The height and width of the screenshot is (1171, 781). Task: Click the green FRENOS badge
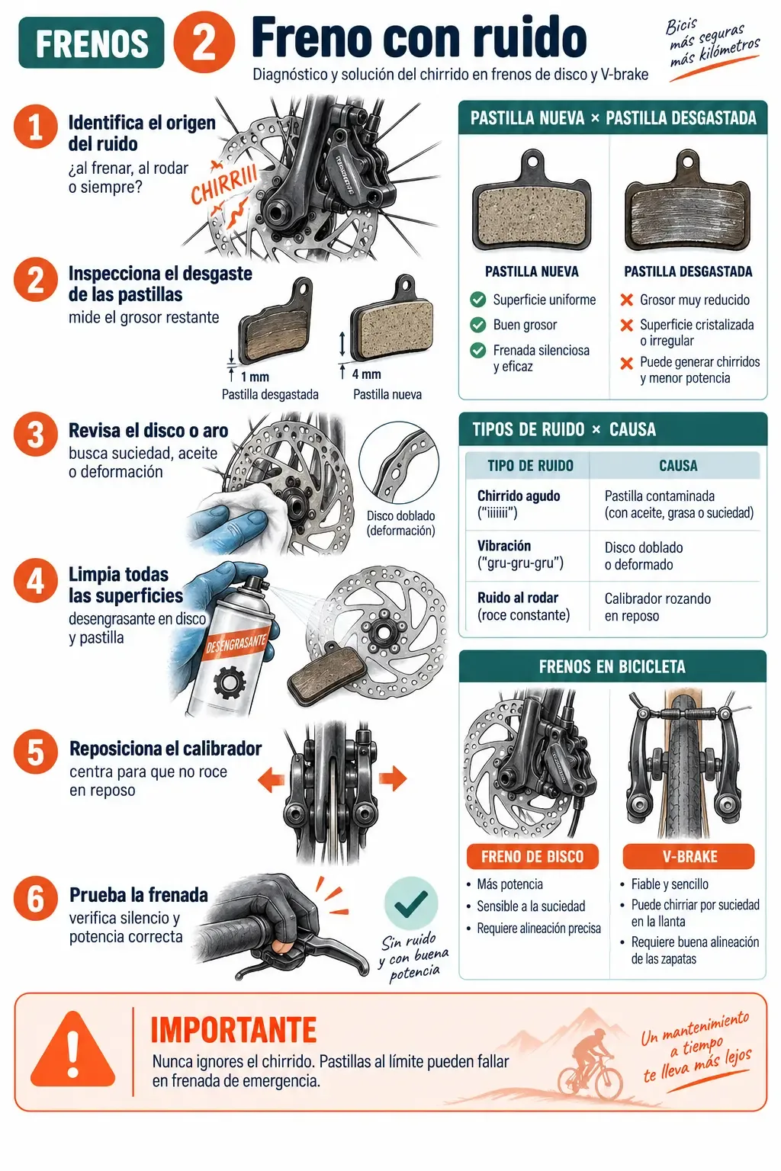point(92,43)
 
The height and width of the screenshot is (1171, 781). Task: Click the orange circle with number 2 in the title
point(204,43)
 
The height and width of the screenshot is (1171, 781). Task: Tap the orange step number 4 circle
point(36,580)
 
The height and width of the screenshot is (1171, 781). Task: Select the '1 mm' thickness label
point(255,377)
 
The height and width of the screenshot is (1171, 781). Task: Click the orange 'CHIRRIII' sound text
point(224,184)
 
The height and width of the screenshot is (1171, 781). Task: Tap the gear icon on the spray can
point(230,682)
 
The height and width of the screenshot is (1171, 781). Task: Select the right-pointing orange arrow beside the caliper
point(393,778)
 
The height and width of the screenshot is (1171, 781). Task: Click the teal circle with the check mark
point(411,903)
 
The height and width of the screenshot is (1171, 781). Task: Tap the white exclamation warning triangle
point(72,1050)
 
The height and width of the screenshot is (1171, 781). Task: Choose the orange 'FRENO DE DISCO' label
point(532,856)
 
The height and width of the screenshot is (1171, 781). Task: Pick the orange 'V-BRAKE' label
point(689,856)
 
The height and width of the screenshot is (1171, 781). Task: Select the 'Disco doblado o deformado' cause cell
point(644,556)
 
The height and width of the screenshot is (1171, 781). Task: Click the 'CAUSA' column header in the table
point(678,466)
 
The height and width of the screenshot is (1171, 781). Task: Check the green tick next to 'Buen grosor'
point(477,325)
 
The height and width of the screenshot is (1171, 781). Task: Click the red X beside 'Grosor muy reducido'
point(627,300)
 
